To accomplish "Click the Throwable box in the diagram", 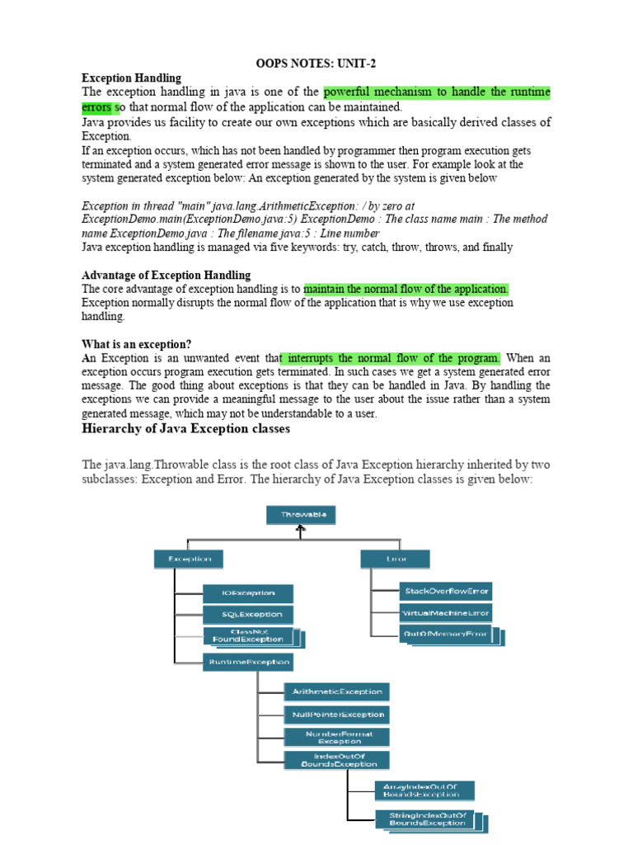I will click(x=302, y=515).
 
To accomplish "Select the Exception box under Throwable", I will click(x=189, y=559).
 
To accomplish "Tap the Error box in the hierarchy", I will click(x=395, y=559).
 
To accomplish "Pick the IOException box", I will click(x=248, y=593).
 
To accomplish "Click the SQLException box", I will click(x=248, y=615).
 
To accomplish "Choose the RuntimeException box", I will click(x=248, y=662).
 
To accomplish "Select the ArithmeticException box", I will click(x=336, y=692).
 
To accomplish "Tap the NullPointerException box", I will click(x=336, y=715).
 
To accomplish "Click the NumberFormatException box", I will click(x=336, y=737).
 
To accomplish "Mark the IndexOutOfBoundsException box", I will click(x=336, y=760).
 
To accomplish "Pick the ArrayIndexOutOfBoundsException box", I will click(x=424, y=791).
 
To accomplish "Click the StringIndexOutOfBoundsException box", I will click(x=427, y=819).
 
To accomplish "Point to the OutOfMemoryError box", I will click(x=448, y=635).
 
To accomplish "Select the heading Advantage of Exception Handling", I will click(x=166, y=275).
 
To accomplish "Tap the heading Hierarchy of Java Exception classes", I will click(x=185, y=430).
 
